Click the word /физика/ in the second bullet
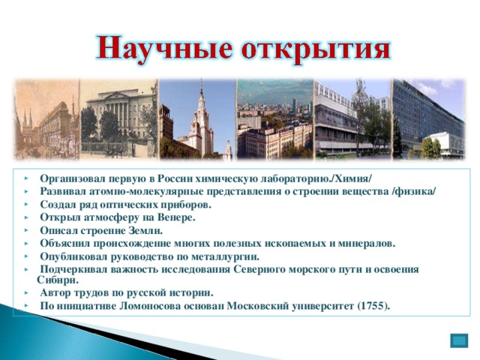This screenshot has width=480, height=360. coord(412,191)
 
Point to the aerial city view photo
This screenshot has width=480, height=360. coord(274,120)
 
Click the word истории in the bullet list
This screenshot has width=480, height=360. coord(191,292)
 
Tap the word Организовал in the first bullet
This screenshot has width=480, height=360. coord(72,178)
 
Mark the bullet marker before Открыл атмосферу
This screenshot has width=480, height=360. coord(26,217)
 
